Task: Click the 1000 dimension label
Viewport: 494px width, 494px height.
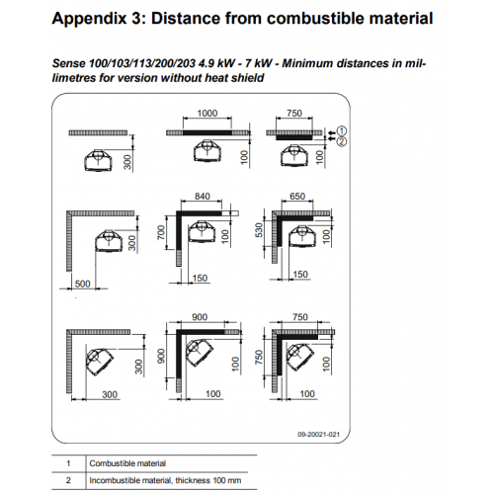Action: pyautogui.click(x=207, y=114)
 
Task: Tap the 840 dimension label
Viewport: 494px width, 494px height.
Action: pyautogui.click(x=203, y=197)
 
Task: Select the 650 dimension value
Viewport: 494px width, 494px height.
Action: pyautogui.click(x=297, y=197)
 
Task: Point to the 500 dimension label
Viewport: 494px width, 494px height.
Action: pyautogui.click(x=82, y=284)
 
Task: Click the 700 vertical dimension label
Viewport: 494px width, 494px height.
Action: pyautogui.click(x=161, y=232)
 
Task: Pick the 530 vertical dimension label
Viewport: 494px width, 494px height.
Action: pyautogui.click(x=260, y=230)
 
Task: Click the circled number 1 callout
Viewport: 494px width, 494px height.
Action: pyautogui.click(x=342, y=130)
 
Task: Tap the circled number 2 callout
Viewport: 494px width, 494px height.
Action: pyautogui.click(x=342, y=141)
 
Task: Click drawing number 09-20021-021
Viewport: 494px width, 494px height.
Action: pyautogui.click(x=318, y=435)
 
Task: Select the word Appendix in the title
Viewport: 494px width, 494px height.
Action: pyautogui.click(x=89, y=19)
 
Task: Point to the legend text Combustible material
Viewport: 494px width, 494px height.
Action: pyautogui.click(x=127, y=463)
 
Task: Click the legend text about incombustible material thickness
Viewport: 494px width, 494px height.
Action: pyautogui.click(x=165, y=480)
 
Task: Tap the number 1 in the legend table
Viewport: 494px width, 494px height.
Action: pyautogui.click(x=68, y=463)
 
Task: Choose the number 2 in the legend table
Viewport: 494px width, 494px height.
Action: pyautogui.click(x=68, y=480)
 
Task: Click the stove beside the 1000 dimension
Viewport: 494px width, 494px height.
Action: pyautogui.click(x=207, y=151)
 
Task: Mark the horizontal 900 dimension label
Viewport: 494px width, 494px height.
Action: pyautogui.click(x=200, y=317)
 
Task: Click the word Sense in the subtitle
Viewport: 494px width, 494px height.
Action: pyautogui.click(x=69, y=63)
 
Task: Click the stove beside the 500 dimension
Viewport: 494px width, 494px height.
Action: pyautogui.click(x=109, y=241)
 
